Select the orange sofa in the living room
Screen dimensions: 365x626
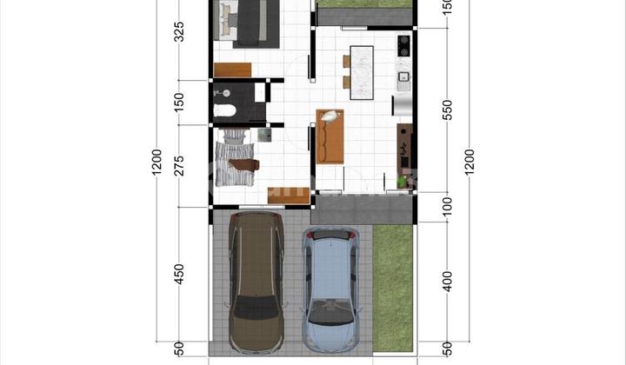(330, 136)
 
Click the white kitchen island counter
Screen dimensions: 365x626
(361, 63)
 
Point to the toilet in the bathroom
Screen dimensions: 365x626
(223, 110)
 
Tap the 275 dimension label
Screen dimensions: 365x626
(179, 164)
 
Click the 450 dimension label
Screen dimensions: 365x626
(179, 274)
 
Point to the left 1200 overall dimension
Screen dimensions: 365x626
(156, 163)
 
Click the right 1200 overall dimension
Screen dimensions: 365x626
(470, 163)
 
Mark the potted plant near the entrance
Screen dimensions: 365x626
(401, 182)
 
